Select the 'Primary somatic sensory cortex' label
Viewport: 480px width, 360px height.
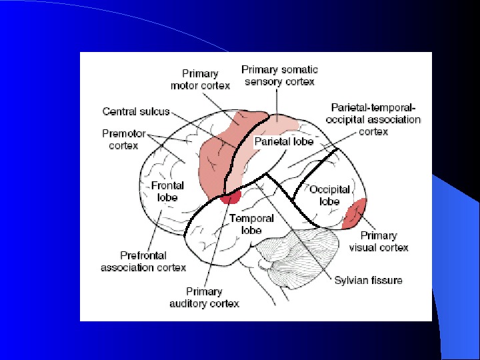(x=279, y=75)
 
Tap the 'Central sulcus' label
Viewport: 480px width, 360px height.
(x=136, y=111)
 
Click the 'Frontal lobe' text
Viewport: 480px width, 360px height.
(x=167, y=191)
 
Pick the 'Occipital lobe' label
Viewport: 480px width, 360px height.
(x=329, y=195)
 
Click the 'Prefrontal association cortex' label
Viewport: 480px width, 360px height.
(x=143, y=261)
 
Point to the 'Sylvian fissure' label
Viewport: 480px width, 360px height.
(x=368, y=280)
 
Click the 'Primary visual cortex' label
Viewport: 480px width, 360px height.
(x=379, y=241)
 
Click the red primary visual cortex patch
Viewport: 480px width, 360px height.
(x=354, y=214)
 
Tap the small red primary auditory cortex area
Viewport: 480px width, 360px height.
(x=231, y=197)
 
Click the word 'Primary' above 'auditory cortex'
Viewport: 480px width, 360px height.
(x=204, y=291)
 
